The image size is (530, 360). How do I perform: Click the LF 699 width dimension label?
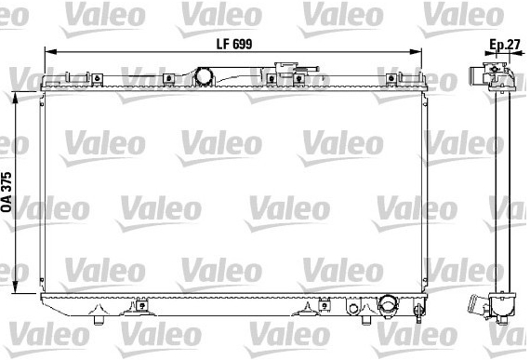pyautogui.click(x=234, y=45)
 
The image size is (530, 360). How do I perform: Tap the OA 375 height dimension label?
pyautogui.click(x=7, y=193)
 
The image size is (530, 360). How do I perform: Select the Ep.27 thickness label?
pyautogui.click(x=505, y=45)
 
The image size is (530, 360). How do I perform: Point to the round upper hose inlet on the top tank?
pyautogui.click(x=204, y=76)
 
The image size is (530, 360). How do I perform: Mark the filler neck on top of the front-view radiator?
pyautogui.click(x=286, y=68)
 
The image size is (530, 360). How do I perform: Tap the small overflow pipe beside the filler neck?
pyautogui.click(x=307, y=69)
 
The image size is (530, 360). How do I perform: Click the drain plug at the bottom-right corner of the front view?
pyautogui.click(x=419, y=310)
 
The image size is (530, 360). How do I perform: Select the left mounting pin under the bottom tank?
pyautogui.click(x=99, y=320)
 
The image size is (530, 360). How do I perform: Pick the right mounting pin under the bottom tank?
pyautogui.click(x=365, y=320)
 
